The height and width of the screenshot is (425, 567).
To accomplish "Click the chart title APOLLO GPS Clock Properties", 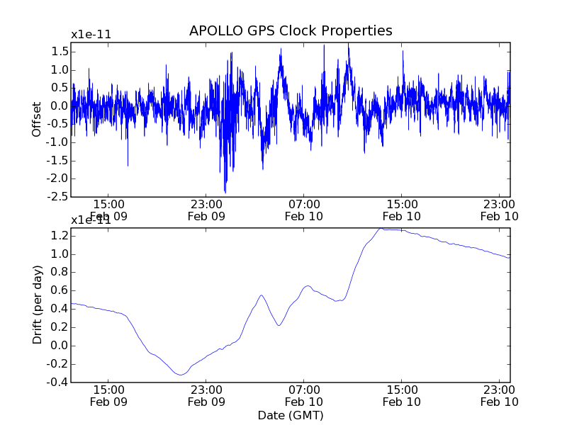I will coord(291,31).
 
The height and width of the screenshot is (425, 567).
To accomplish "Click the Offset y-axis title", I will coord(37,119).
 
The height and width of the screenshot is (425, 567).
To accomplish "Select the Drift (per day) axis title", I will coord(37,305).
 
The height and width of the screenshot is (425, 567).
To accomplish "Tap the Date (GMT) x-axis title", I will coord(291,414).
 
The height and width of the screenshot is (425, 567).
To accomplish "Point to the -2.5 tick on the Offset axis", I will coord(59,197).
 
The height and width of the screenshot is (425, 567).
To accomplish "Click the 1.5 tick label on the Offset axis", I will coord(60,52).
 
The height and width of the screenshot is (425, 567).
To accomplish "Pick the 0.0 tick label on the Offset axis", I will coord(60,106).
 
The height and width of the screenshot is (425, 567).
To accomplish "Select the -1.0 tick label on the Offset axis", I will coord(59,142).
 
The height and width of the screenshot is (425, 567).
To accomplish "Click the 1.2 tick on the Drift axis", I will coord(60,236).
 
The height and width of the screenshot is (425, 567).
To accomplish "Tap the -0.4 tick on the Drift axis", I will coord(59,382).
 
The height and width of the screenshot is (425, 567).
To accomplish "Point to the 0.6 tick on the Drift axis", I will coord(60,291).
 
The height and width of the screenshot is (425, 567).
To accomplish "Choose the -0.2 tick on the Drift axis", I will coord(59,364).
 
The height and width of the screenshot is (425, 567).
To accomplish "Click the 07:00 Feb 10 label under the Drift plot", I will coord(304,395).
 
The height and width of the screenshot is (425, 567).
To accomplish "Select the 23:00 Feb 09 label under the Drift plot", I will coord(206,395).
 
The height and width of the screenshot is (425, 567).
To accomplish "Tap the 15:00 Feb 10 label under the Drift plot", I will coord(402,395).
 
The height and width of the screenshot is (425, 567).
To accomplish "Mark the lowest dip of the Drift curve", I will coord(181,375).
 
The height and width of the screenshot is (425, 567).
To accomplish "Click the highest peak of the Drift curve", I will coord(381,229).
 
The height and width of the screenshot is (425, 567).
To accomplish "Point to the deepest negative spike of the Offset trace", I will coord(225,193).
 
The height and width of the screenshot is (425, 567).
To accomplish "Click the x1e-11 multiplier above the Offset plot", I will coord(91,34).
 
